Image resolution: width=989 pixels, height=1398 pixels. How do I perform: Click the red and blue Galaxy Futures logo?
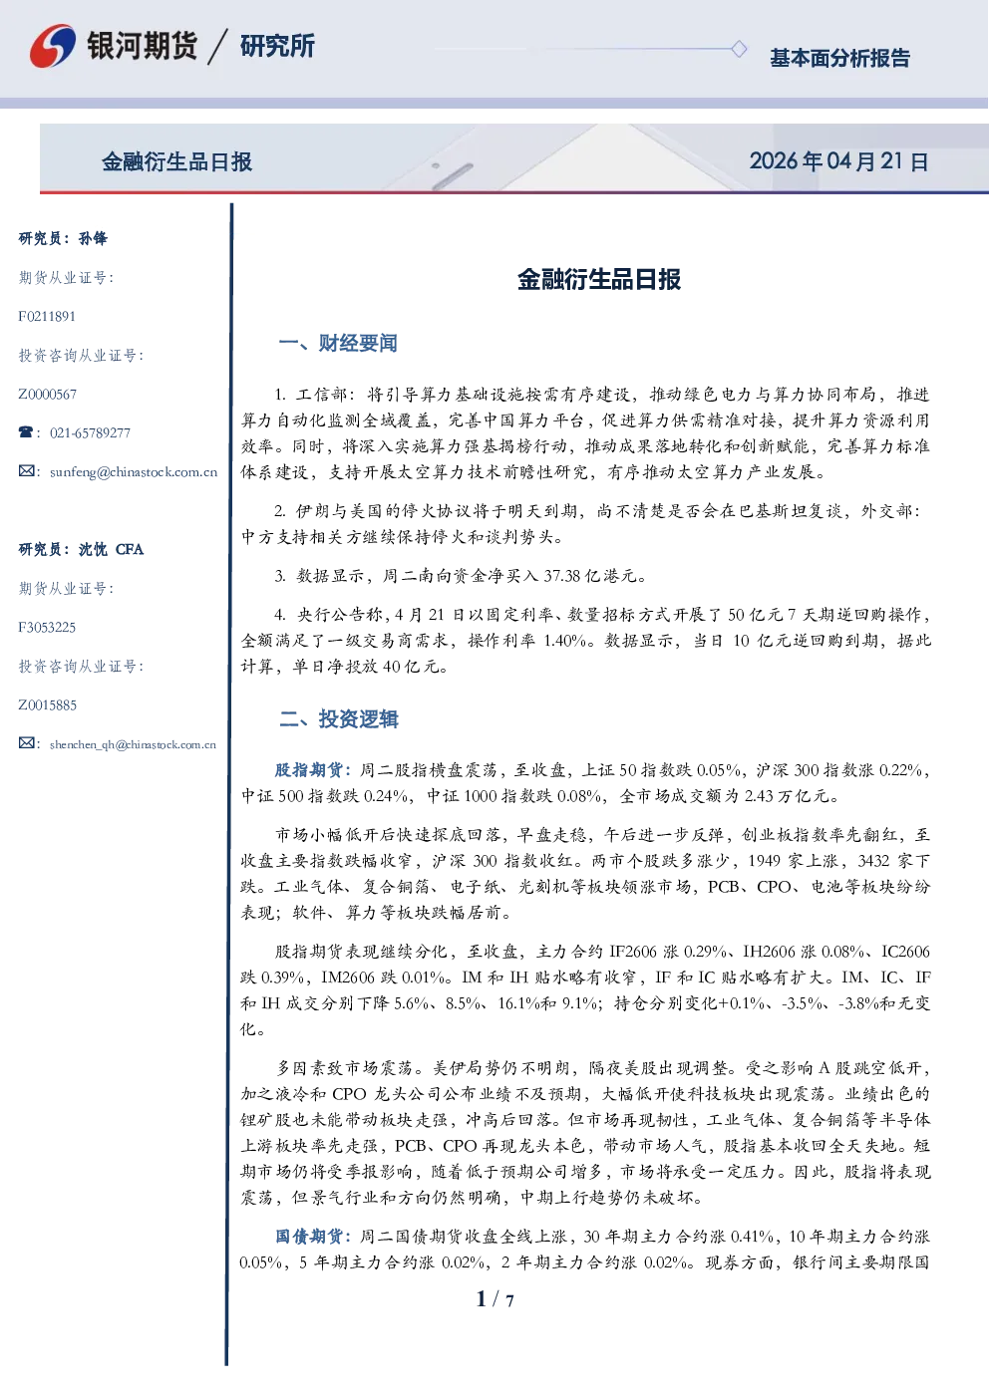click(x=52, y=46)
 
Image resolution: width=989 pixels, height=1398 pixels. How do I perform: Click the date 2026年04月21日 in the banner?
click(x=838, y=161)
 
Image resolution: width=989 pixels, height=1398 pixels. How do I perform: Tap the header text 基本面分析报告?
click(x=839, y=58)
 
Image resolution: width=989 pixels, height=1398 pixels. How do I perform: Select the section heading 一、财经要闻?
click(x=338, y=343)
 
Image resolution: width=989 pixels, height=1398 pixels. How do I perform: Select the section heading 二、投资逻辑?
click(x=338, y=719)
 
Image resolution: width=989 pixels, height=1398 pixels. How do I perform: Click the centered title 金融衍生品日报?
click(x=599, y=279)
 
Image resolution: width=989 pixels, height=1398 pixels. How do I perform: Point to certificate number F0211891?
click(x=47, y=317)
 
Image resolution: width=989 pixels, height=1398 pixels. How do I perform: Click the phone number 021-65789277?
click(x=90, y=432)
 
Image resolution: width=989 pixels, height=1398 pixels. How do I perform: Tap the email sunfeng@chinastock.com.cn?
click(x=134, y=472)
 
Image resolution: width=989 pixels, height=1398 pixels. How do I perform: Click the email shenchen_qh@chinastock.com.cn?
click(x=133, y=744)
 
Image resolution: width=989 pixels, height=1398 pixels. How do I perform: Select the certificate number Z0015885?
click(x=48, y=705)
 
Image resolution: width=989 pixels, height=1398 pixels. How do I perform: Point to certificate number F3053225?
click(x=47, y=627)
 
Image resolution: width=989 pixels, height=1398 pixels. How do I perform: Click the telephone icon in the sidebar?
click(x=26, y=431)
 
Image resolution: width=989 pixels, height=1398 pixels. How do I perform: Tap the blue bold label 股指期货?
click(x=309, y=770)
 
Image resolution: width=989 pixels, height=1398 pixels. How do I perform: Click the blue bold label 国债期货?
click(x=309, y=1237)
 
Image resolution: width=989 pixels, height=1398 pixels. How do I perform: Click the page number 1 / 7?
click(x=494, y=1299)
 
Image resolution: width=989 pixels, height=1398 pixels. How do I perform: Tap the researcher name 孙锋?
click(x=93, y=238)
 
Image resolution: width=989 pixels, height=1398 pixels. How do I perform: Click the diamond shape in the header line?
click(x=739, y=49)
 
